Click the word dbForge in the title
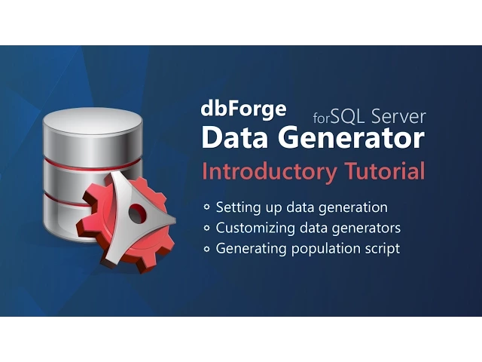click(243, 109)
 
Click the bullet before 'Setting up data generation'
click(207, 207)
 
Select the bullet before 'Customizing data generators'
click(207, 228)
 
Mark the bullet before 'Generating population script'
click(207, 248)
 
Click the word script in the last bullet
click(382, 247)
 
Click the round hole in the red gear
click(136, 214)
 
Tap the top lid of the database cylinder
click(93, 121)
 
